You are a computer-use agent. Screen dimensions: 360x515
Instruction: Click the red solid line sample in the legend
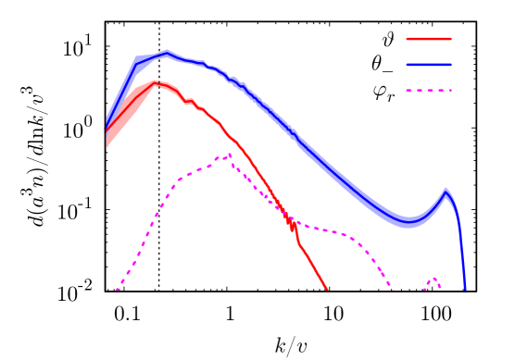click(x=428, y=39)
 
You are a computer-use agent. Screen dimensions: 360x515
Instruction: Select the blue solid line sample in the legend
click(x=428, y=65)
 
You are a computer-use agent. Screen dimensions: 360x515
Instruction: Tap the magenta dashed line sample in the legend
click(x=428, y=91)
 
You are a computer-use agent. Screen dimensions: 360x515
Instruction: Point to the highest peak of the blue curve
click(x=167, y=52)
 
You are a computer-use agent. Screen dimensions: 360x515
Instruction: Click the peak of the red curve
click(x=155, y=82)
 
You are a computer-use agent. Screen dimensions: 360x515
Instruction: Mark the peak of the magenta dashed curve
click(x=230, y=155)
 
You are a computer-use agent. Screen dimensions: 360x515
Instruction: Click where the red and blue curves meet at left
click(x=107, y=129)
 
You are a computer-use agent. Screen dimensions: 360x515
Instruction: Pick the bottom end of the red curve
click(x=328, y=292)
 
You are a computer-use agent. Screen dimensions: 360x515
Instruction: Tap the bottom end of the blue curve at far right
click(x=465, y=292)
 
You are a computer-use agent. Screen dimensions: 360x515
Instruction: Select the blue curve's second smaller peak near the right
click(x=446, y=191)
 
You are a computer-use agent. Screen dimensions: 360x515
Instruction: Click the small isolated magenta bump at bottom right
click(x=433, y=279)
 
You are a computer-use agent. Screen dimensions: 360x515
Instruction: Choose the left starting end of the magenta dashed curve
click(x=116, y=292)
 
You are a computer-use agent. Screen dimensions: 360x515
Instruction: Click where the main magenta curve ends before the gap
click(x=393, y=292)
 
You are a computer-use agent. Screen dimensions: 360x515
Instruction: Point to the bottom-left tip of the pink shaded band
click(x=107, y=147)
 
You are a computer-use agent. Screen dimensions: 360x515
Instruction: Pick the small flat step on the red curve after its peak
click(x=190, y=101)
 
